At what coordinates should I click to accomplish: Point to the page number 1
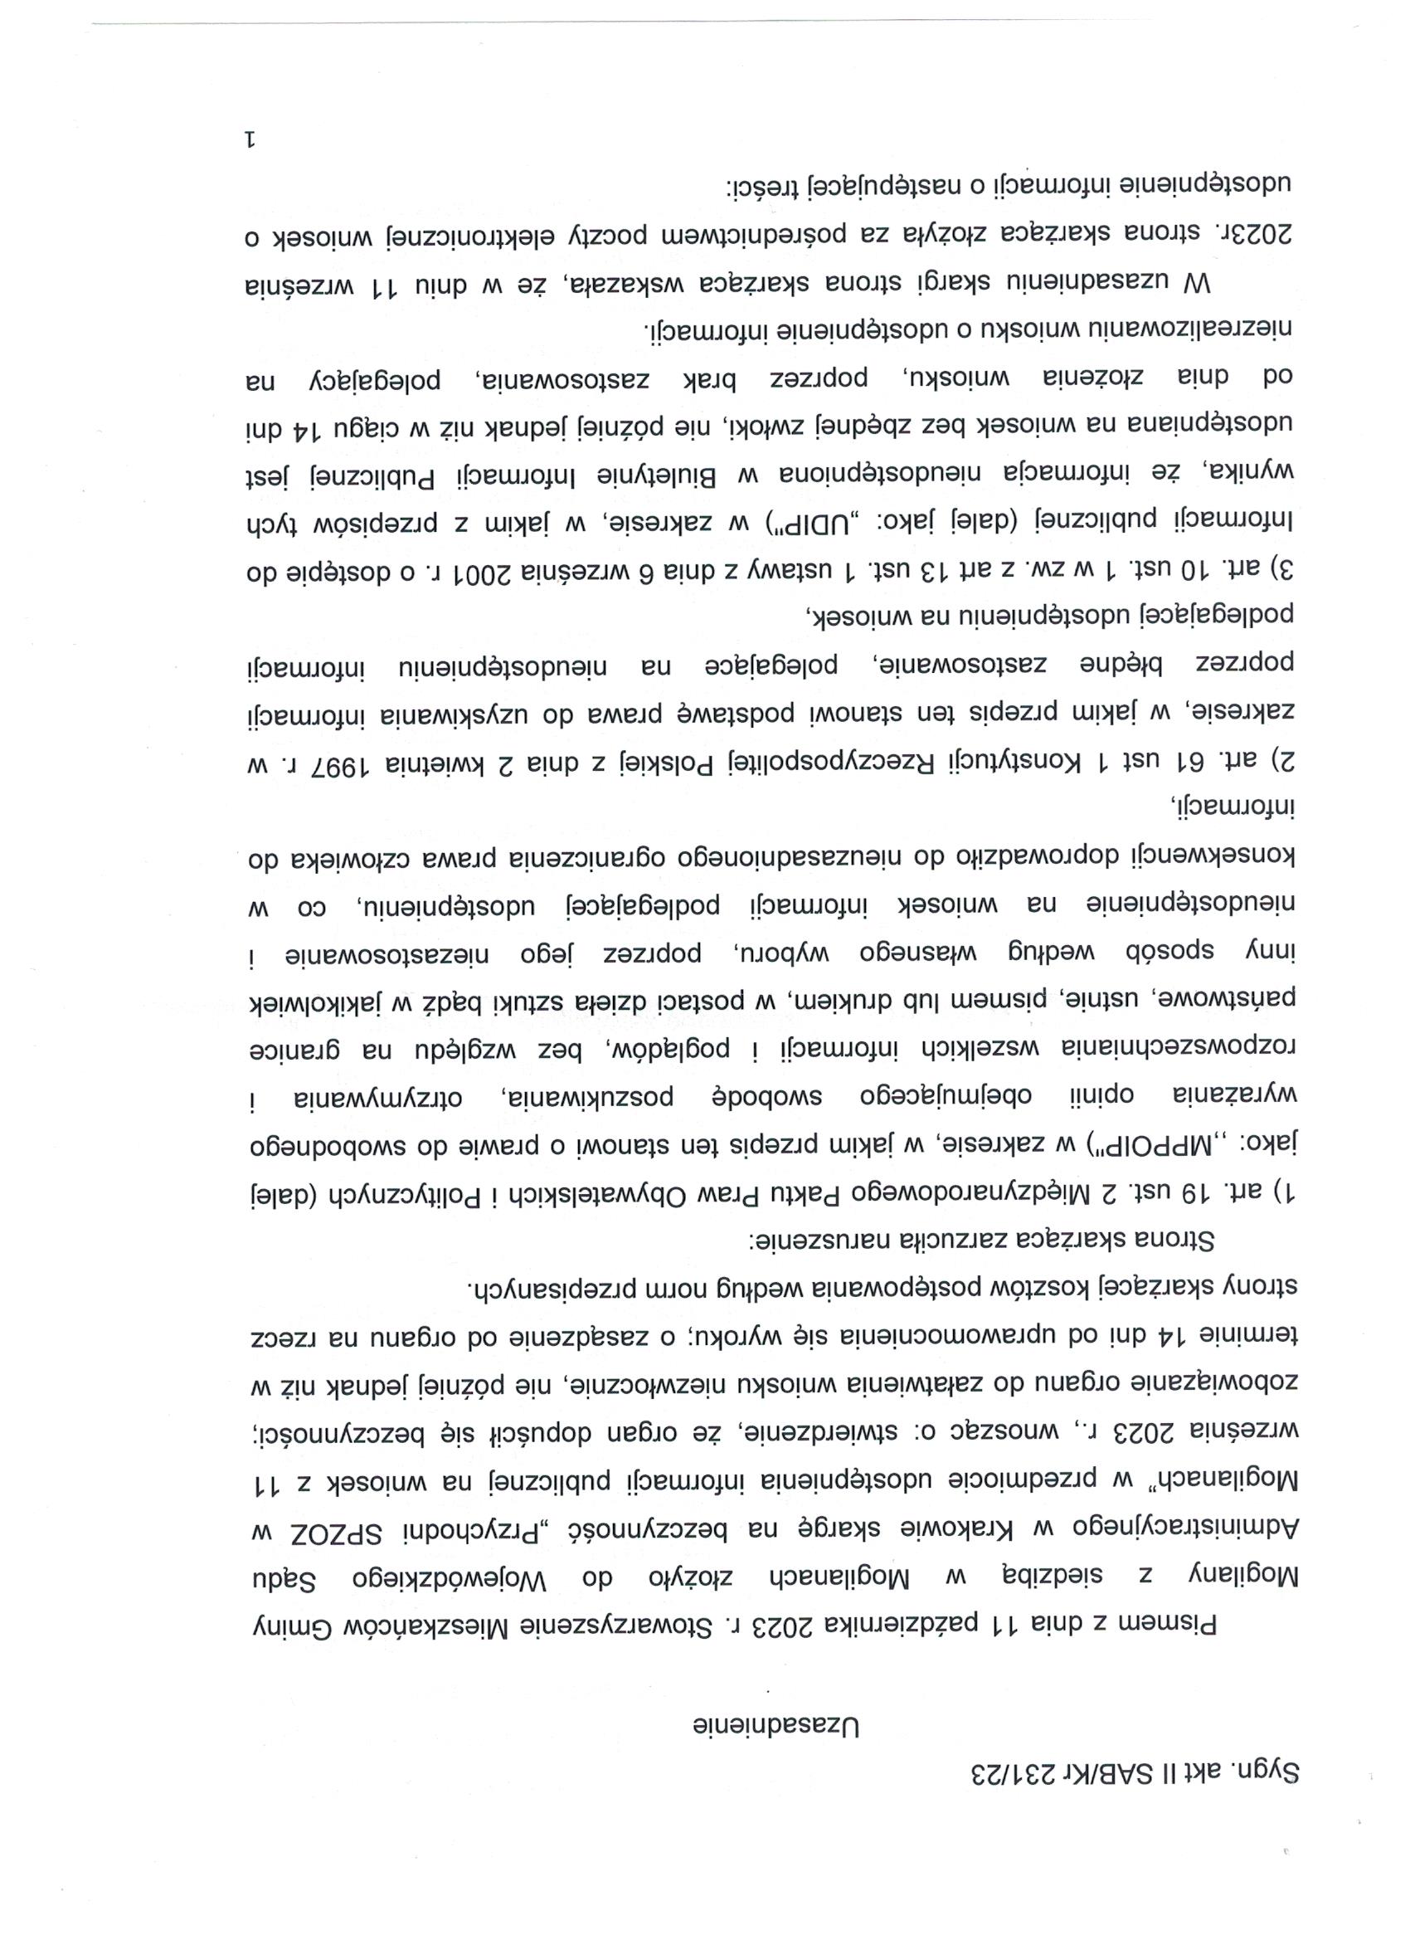[x=250, y=139]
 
